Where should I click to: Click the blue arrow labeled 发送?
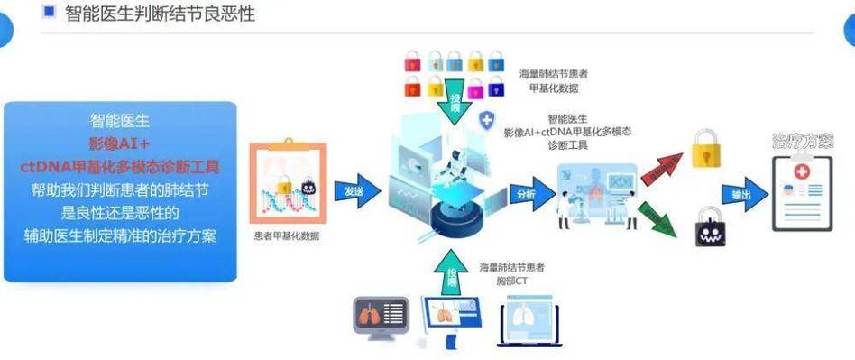pos(355,191)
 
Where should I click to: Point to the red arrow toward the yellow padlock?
pos(660,166)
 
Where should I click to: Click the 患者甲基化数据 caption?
pos(286,236)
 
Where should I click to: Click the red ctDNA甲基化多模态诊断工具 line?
pos(120,167)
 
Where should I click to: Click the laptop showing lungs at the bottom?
pos(527,320)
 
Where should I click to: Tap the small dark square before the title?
pos(49,12)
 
